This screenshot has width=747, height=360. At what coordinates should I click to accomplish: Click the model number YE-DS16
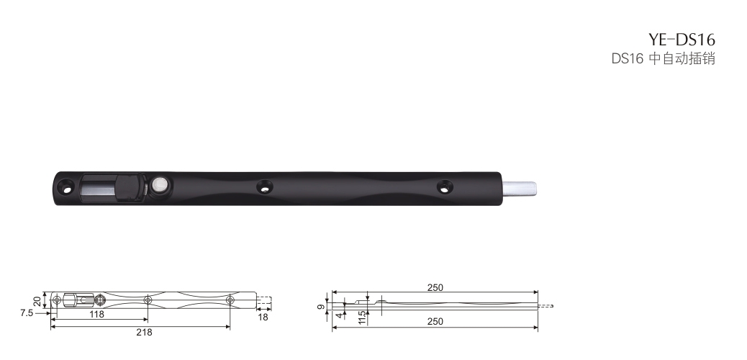[x=682, y=39]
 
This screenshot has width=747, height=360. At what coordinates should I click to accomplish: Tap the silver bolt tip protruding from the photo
[x=520, y=189]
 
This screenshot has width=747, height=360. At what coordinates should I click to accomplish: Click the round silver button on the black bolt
[x=160, y=185]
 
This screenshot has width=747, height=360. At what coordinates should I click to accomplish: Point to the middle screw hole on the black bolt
[x=264, y=186]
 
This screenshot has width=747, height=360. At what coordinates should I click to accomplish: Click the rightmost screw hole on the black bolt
[x=445, y=186]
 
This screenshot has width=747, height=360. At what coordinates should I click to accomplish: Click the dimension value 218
[x=145, y=333]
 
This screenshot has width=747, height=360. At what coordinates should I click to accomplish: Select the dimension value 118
[x=96, y=314]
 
